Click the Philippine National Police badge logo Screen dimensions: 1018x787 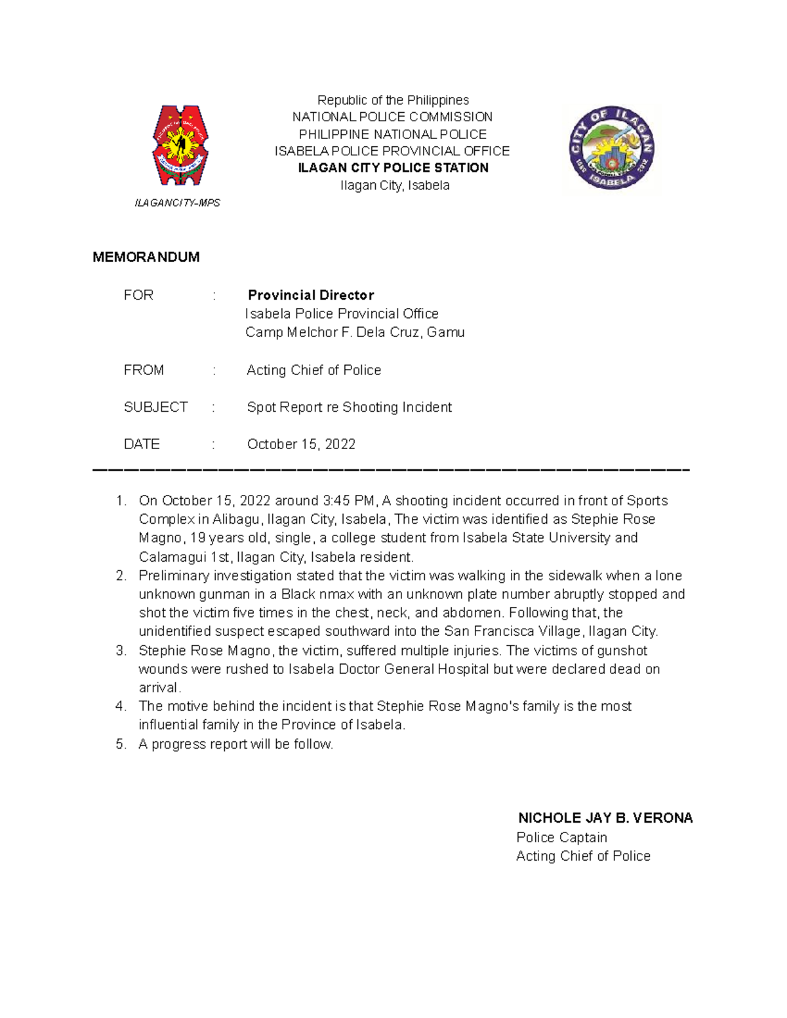pyautogui.click(x=180, y=146)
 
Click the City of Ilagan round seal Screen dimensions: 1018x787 pyautogui.click(x=611, y=148)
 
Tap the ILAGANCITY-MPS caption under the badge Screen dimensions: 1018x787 pyautogui.click(x=177, y=203)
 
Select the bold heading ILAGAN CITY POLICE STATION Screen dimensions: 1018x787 pyautogui.click(x=393, y=168)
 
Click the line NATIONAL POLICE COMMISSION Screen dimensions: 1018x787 pyautogui.click(x=392, y=117)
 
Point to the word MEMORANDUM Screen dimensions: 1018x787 pyautogui.click(x=146, y=257)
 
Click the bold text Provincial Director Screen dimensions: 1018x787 pyautogui.click(x=311, y=295)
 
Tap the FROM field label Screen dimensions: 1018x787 pyautogui.click(x=144, y=370)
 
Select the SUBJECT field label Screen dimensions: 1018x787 pyautogui.click(x=155, y=407)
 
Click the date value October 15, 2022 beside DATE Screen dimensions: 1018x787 pyautogui.click(x=301, y=444)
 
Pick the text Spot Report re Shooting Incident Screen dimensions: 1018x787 pyautogui.click(x=349, y=407)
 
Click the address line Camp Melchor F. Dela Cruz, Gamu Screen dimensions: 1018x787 pyautogui.click(x=355, y=332)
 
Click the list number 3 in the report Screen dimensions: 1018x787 pyautogui.click(x=120, y=651)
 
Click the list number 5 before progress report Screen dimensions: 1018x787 pyautogui.click(x=120, y=744)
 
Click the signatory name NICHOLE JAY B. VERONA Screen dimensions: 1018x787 pyautogui.click(x=605, y=818)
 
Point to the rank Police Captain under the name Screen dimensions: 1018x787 pyautogui.click(x=561, y=838)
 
